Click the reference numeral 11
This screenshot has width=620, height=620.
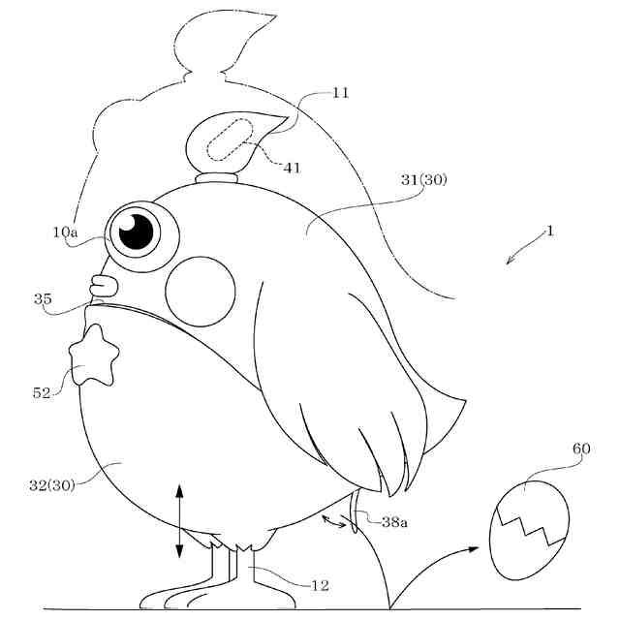click(x=339, y=94)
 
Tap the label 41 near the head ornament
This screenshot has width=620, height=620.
click(x=292, y=168)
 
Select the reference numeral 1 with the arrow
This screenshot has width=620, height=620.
click(x=550, y=232)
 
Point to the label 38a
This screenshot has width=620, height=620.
click(x=394, y=522)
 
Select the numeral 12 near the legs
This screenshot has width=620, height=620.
click(x=319, y=585)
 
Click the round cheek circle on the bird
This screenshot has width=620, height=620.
click(x=201, y=289)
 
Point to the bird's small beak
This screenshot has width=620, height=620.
click(x=103, y=286)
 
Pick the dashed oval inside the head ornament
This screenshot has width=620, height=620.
click(x=229, y=142)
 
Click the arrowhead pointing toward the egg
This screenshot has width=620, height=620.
click(x=471, y=549)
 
